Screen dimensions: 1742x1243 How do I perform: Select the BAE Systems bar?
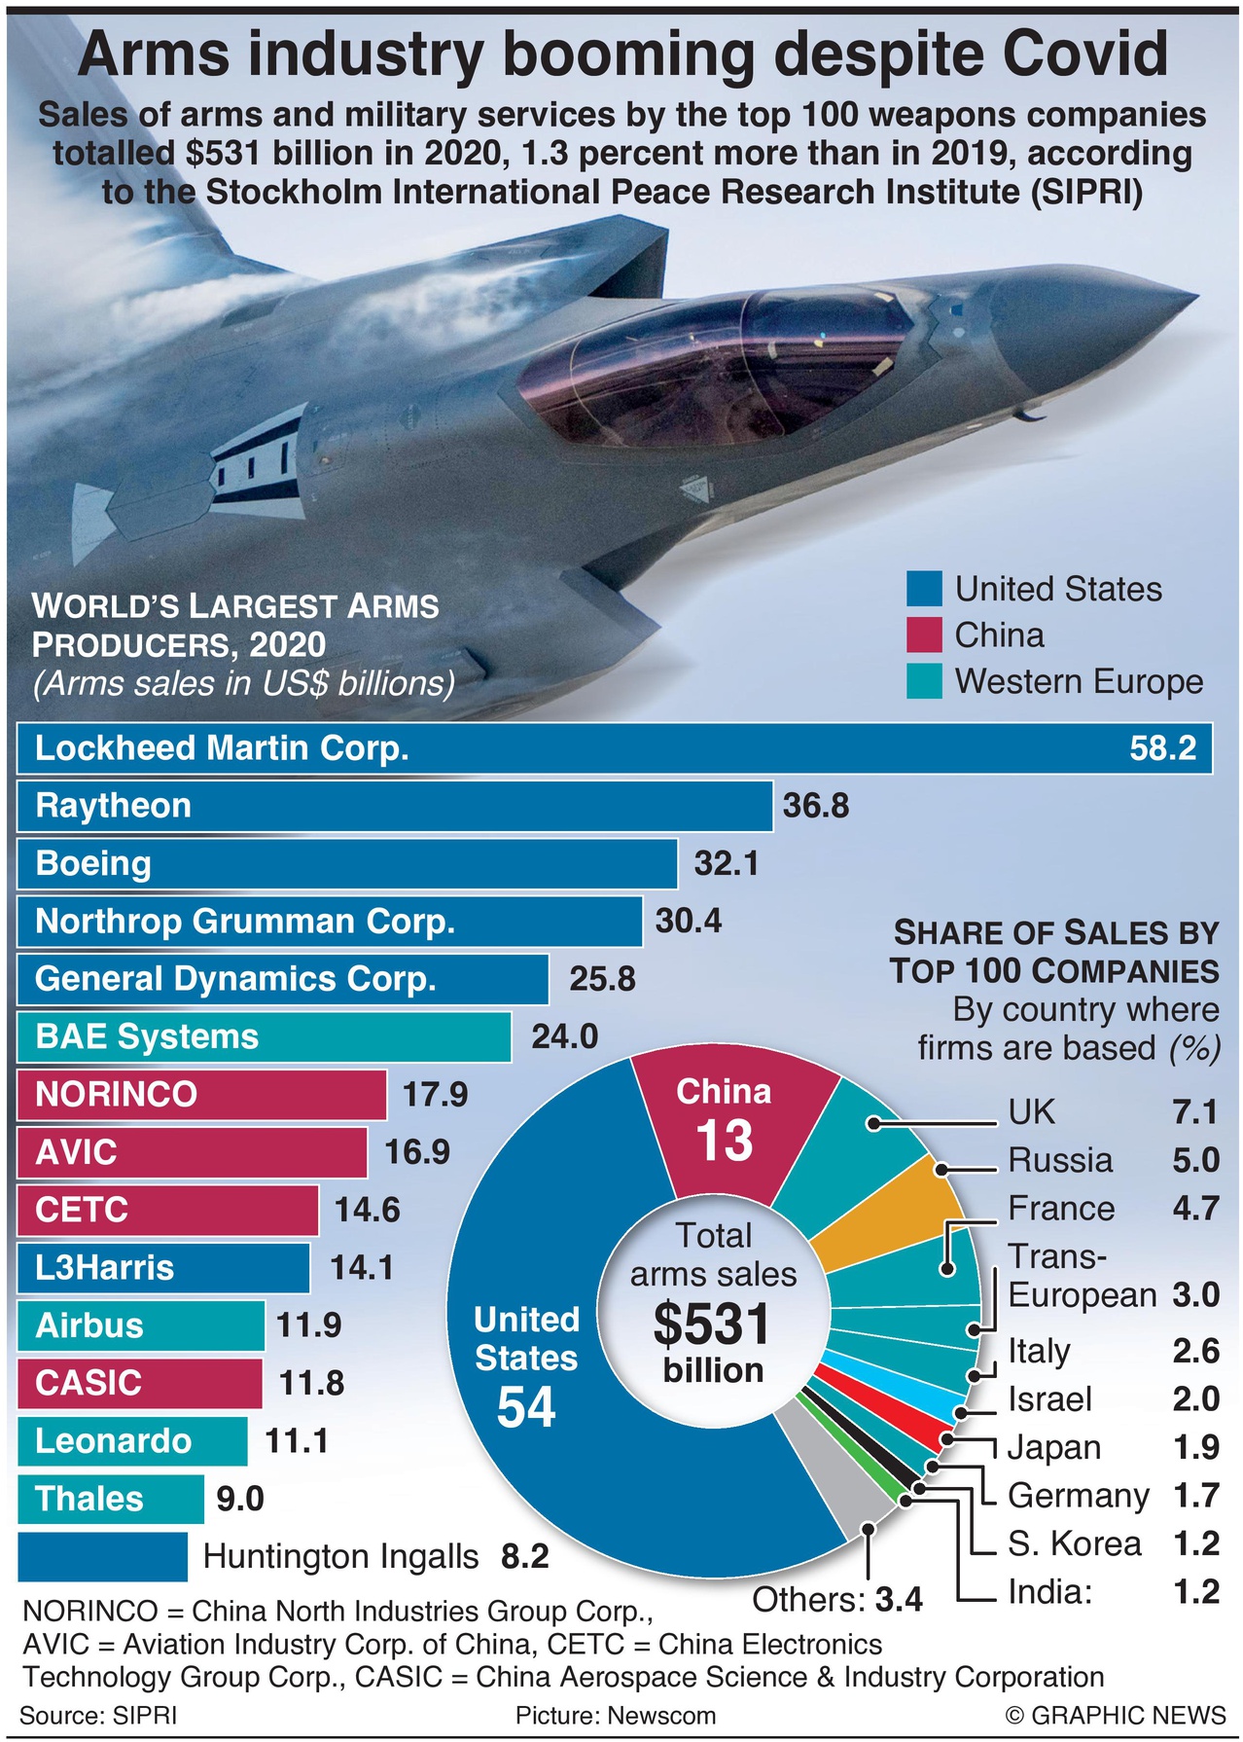click(264, 1036)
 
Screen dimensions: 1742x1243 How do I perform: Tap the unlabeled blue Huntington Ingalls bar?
click(102, 1556)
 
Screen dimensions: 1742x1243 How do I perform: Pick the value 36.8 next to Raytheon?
click(816, 806)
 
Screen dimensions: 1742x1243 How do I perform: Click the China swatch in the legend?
click(924, 635)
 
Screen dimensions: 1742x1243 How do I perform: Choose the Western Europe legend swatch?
click(924, 681)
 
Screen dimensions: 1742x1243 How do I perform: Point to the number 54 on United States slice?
click(526, 1407)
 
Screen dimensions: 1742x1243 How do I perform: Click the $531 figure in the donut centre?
click(713, 1325)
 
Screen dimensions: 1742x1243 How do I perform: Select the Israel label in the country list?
click(1049, 1399)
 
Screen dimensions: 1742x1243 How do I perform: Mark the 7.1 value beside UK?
click(1195, 1111)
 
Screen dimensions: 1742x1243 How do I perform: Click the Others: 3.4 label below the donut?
click(837, 1600)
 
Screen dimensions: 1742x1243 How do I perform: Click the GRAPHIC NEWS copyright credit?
click(1117, 1715)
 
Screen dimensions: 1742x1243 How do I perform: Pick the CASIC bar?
click(139, 1383)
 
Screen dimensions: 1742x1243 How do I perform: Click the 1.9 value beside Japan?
click(1195, 1447)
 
